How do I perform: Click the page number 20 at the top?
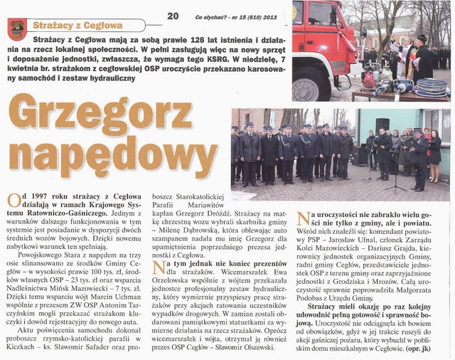point(173,15)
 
